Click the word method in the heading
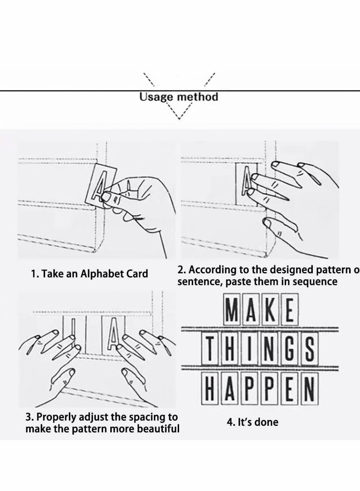click(x=198, y=96)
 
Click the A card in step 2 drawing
click(x=247, y=184)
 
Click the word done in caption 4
click(x=266, y=422)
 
